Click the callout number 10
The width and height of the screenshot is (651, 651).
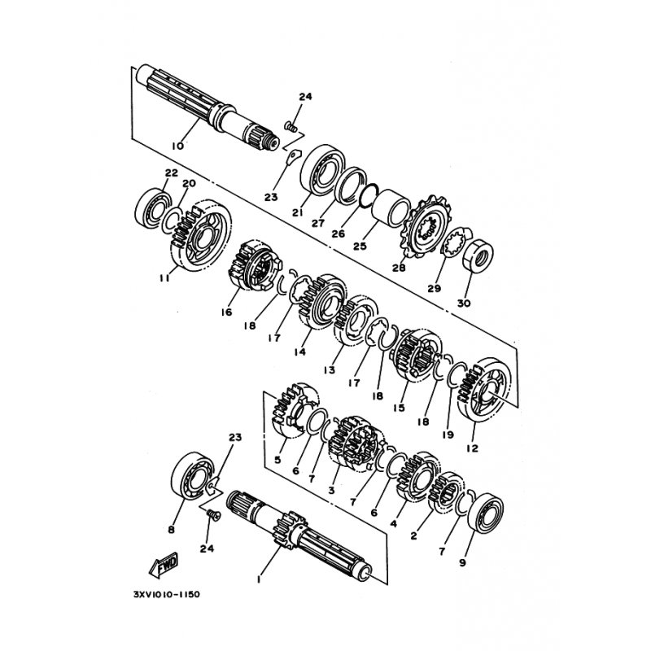click(177, 146)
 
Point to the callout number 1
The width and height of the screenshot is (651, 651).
click(259, 579)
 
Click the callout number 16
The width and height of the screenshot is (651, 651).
click(226, 312)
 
